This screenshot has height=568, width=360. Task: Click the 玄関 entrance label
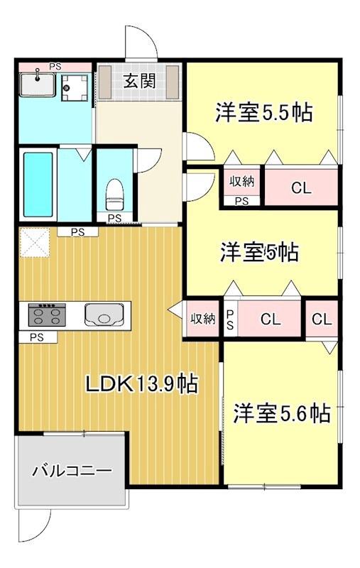140,81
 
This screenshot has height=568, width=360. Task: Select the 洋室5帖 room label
258,251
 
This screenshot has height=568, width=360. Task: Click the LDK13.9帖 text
141,384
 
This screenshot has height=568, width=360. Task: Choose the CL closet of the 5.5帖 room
301,188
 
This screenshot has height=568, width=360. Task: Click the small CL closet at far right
322,319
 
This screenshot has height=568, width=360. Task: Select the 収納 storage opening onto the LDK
202,319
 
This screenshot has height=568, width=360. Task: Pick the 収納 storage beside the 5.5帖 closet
241,181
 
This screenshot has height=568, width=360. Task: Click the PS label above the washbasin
55,67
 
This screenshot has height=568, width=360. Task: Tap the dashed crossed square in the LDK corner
33,243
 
